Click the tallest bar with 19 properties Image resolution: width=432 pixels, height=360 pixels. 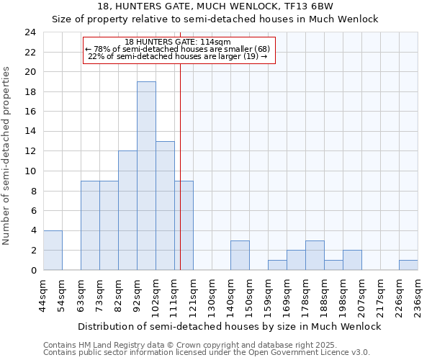click(146, 176)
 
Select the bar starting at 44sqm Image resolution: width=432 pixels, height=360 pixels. click(53, 250)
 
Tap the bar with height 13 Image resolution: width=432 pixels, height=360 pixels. click(165, 205)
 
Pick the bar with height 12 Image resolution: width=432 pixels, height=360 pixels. click(127, 210)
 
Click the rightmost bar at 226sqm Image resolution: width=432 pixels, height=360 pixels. click(408, 265)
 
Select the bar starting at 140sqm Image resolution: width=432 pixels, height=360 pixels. click(240, 255)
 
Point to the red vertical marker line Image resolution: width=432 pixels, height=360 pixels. click(180, 144)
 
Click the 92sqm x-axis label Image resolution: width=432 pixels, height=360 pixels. click(137, 295)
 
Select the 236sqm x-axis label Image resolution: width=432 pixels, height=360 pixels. click(418, 295)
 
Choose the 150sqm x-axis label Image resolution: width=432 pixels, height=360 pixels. click(249, 295)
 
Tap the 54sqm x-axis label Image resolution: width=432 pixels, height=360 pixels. click(62, 295)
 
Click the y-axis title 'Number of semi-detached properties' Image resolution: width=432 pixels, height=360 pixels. click(7, 156)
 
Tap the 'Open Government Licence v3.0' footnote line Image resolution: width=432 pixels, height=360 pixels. click(207, 352)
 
